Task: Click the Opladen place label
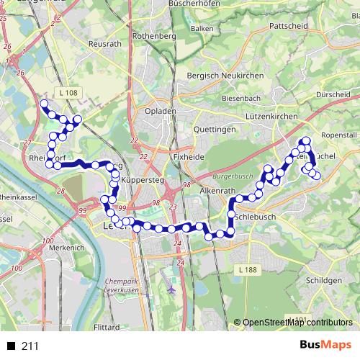tap(160, 112)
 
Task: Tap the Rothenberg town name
tap(155, 35)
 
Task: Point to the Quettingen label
tap(215, 129)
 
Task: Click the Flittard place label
tap(107, 326)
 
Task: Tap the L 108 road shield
tap(69, 93)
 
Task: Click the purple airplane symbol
tap(171, 289)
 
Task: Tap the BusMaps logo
tap(325, 346)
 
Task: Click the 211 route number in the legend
tap(30, 346)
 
